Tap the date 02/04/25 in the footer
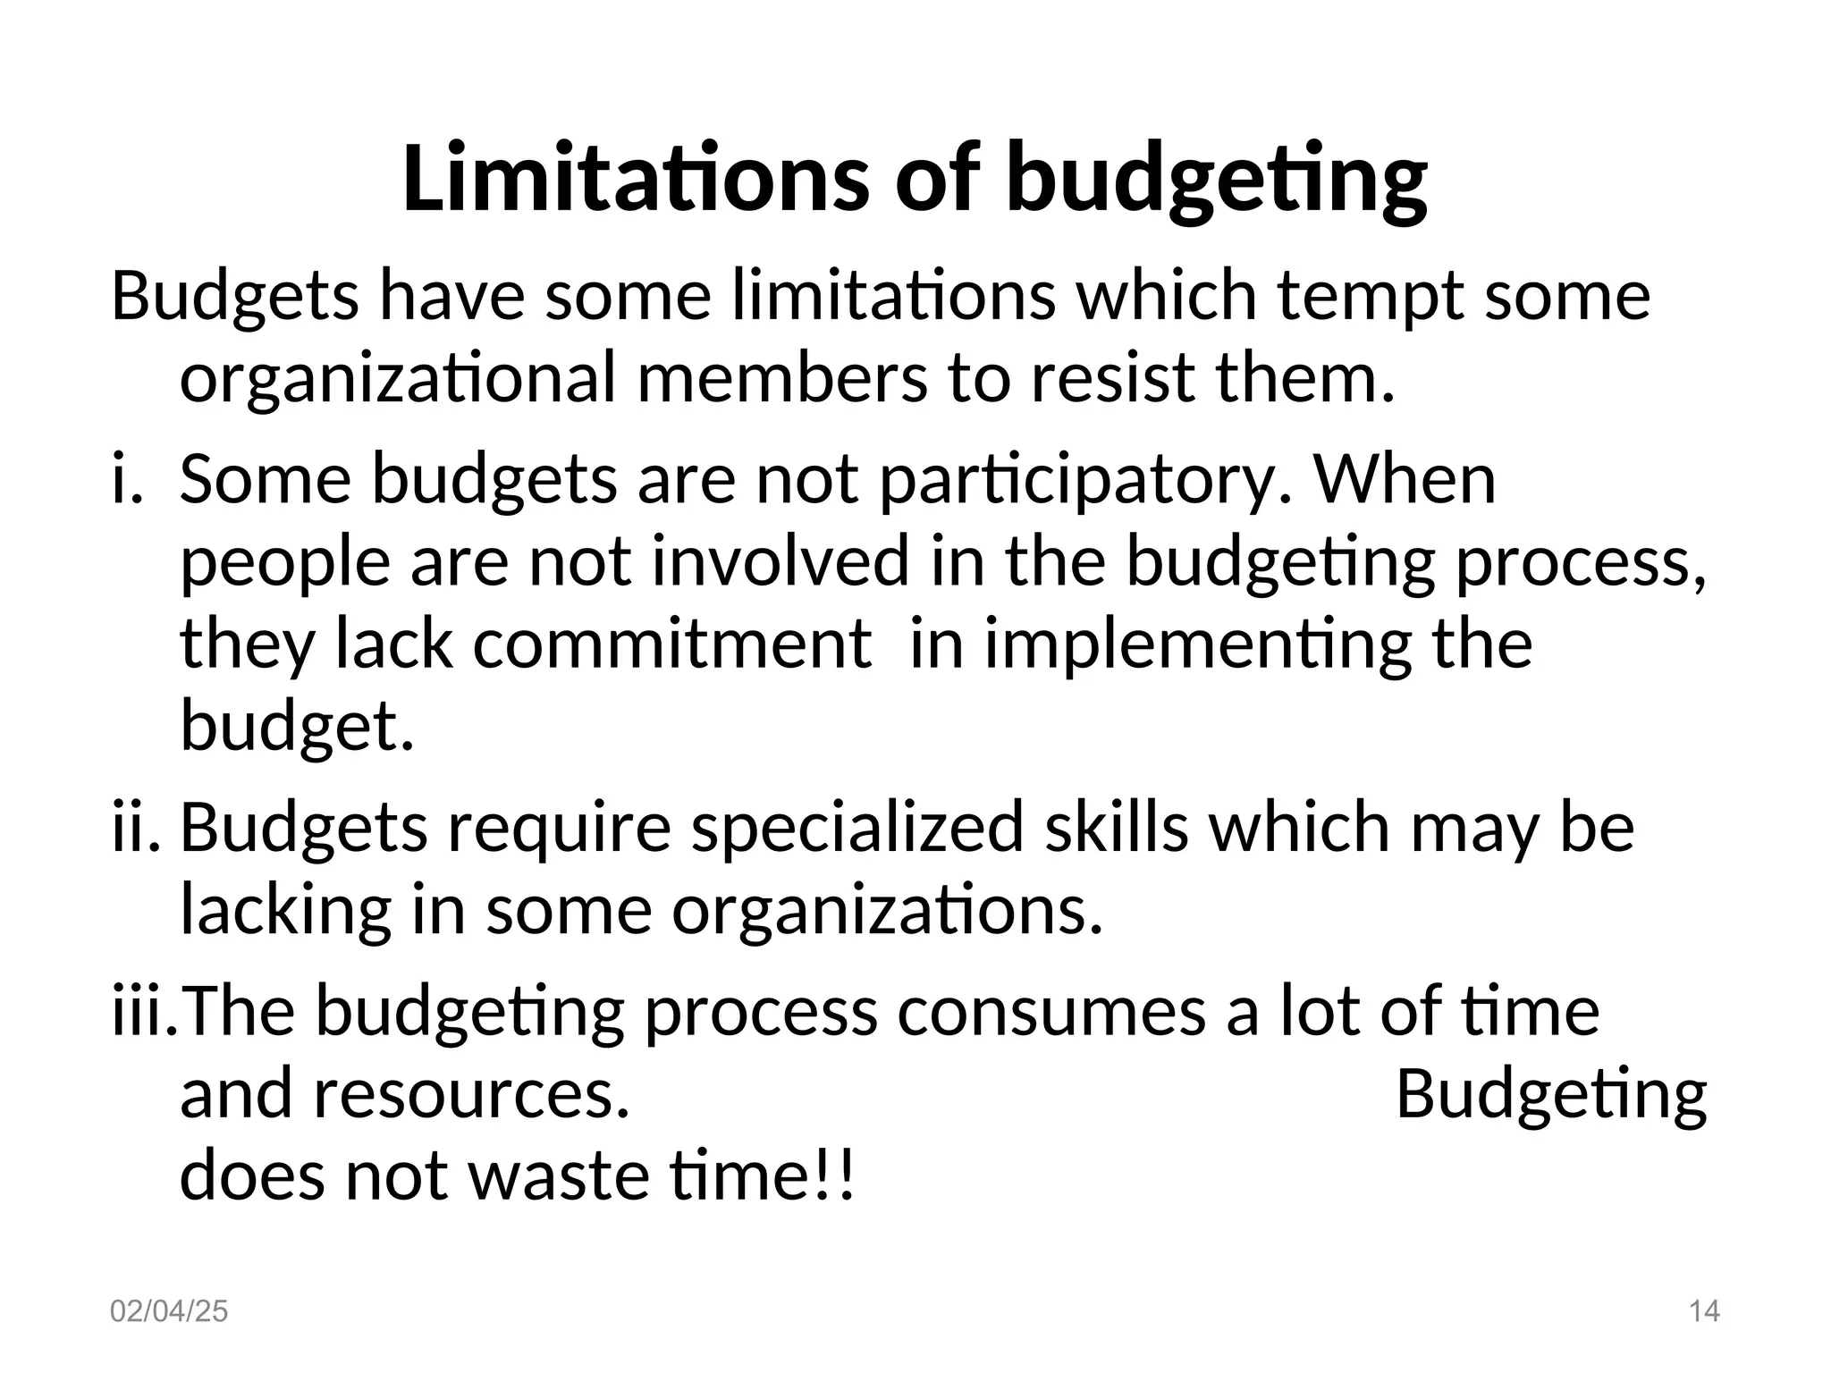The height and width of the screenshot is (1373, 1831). (169, 1311)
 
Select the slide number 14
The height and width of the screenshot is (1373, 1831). (1704, 1311)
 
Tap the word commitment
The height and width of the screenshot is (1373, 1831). (671, 644)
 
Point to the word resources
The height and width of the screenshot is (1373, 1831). (471, 1094)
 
